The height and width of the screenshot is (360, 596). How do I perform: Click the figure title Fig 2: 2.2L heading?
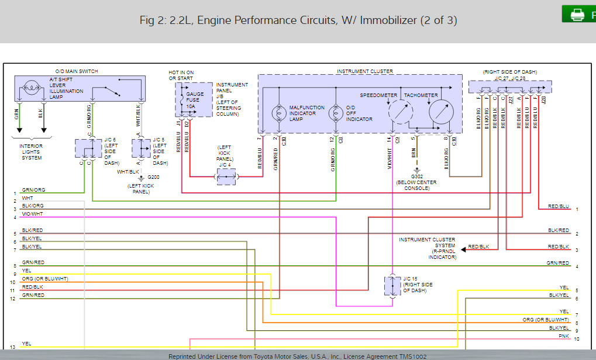[298, 20]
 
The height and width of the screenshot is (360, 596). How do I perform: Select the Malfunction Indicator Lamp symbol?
[278, 113]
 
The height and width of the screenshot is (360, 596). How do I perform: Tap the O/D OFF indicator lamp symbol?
[336, 113]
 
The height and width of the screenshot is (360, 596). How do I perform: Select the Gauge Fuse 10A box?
[194, 99]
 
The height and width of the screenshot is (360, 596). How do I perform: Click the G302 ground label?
[416, 176]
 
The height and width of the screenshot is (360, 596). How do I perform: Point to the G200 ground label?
[153, 177]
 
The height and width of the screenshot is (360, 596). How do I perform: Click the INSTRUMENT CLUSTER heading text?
[364, 71]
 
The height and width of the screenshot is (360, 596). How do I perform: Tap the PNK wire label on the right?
[563, 336]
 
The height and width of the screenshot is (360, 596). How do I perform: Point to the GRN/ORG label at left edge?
[33, 190]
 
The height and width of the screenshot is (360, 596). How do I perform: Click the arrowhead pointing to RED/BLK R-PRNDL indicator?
[463, 248]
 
